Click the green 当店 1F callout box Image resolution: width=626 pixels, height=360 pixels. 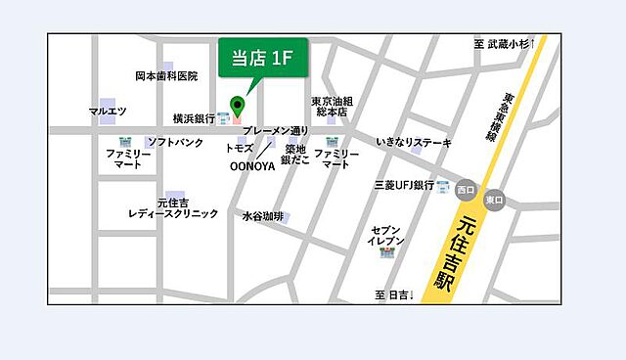click(x=261, y=59)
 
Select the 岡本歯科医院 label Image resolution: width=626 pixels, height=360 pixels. click(x=165, y=75)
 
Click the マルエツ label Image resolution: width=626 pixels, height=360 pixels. click(x=108, y=111)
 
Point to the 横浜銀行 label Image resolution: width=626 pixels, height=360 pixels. click(x=194, y=117)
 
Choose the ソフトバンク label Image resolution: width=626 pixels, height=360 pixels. click(x=175, y=143)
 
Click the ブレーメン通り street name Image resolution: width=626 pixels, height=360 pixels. click(x=275, y=131)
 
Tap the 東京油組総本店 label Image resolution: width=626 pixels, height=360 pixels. click(x=332, y=107)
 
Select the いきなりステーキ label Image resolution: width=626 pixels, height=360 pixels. click(x=414, y=143)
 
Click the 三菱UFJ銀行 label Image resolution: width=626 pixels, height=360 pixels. click(x=404, y=185)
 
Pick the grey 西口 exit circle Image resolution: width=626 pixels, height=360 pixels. click(x=465, y=190)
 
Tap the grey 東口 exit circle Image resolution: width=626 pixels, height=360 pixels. click(x=494, y=200)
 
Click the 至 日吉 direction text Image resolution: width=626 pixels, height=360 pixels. click(x=395, y=294)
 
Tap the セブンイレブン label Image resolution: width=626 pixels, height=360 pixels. click(x=386, y=234)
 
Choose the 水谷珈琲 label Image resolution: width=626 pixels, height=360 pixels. click(x=262, y=216)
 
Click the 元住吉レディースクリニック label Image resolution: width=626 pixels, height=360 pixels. click(x=173, y=207)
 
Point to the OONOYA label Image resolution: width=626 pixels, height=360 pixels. click(x=251, y=166)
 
